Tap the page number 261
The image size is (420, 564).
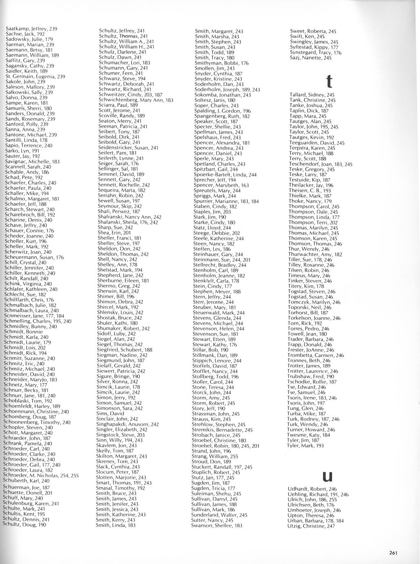click(393, 553)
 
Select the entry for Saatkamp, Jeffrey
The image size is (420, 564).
click(31, 29)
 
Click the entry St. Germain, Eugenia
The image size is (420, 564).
click(35, 76)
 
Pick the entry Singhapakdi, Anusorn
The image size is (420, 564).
click(127, 424)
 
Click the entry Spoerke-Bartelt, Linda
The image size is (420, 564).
click(225, 175)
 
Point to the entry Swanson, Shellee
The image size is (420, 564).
click(217, 525)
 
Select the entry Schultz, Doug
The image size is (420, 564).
click(25, 524)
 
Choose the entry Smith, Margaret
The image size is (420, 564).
click(219, 31)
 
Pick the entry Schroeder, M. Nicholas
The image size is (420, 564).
click(41, 475)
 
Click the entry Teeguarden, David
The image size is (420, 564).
click(317, 143)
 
